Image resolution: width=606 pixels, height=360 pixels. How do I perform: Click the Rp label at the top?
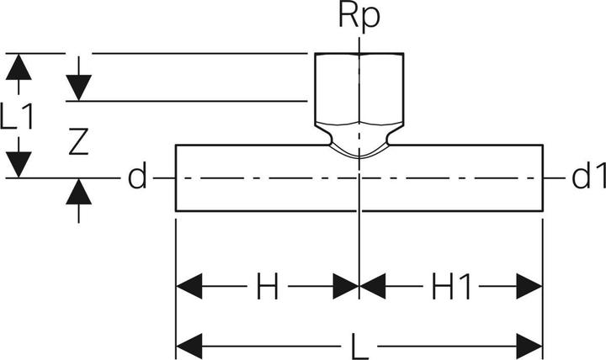click(359, 16)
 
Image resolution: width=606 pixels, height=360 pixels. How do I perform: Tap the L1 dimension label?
click(17, 116)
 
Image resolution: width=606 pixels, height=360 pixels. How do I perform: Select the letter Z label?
click(78, 142)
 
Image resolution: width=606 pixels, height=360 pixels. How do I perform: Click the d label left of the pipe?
click(137, 176)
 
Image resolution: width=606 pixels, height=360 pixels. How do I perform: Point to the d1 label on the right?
click(588, 176)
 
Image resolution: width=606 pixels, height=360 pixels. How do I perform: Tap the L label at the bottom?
click(359, 346)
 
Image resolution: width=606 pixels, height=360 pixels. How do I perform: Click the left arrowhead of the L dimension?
click(189, 346)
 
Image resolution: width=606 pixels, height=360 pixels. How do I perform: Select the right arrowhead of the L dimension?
click(529, 346)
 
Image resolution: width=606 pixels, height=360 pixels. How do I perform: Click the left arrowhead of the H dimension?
click(189, 286)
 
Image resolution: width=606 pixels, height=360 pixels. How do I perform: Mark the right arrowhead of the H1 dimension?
click(529, 286)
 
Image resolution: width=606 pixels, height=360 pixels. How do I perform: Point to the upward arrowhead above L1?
click(19, 67)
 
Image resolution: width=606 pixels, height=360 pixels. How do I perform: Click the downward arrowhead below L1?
click(19, 165)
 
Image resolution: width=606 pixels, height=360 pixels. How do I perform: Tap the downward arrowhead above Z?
click(78, 87)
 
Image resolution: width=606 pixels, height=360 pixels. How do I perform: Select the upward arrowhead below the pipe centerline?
click(78, 192)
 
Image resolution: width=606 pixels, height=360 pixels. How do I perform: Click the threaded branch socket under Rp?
click(359, 88)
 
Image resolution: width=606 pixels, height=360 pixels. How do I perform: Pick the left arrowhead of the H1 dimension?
click(373, 286)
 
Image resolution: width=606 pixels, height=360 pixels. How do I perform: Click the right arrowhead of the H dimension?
click(346, 286)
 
